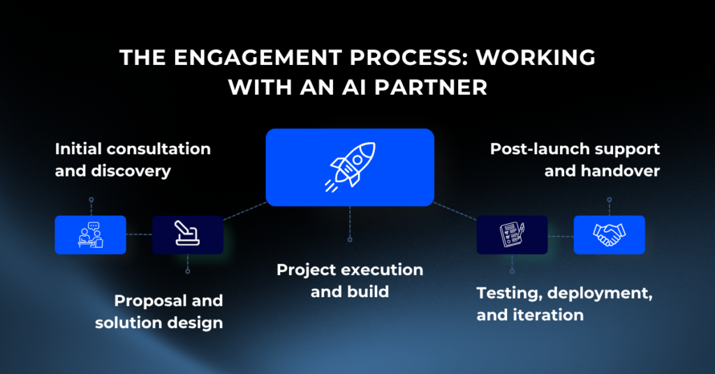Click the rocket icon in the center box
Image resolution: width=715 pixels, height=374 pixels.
tap(350, 167)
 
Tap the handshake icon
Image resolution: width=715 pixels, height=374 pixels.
tap(609, 235)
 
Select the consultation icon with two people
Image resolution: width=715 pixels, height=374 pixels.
tap(91, 235)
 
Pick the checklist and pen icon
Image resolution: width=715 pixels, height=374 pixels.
tap(512, 235)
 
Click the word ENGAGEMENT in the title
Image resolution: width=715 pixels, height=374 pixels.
tap(258, 58)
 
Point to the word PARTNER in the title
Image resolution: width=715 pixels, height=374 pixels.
tap(431, 87)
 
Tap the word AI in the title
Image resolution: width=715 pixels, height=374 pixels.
tap(355, 87)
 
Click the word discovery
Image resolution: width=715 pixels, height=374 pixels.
tap(131, 171)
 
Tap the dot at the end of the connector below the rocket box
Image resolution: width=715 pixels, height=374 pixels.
tap(350, 239)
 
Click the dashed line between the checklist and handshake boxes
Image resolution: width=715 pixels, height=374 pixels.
tap(561, 237)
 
